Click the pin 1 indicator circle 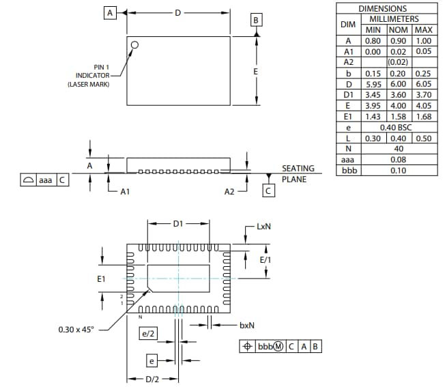click(135, 45)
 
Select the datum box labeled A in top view click(109, 12)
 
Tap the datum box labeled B click(255, 20)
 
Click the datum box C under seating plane click(269, 192)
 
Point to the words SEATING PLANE click(298, 173)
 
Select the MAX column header click(423, 30)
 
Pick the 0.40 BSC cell click(399, 128)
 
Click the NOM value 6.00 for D click(398, 84)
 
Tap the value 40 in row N click(399, 149)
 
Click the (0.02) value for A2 click(398, 62)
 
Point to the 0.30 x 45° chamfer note click(76, 330)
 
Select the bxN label click(247, 326)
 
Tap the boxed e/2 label click(148, 334)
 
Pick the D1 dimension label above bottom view click(177, 223)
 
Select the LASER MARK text click(88, 84)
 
